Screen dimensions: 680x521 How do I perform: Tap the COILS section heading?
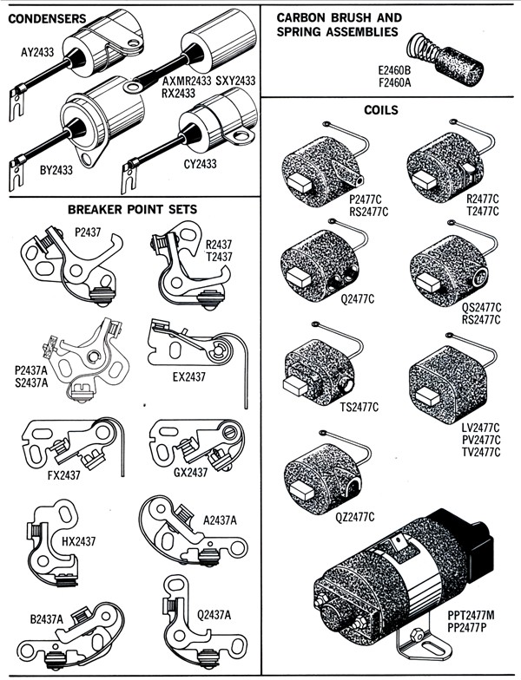pyautogui.click(x=383, y=110)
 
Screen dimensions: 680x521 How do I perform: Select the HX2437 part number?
pyautogui.click(x=78, y=542)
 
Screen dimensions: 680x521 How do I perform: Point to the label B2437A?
pyautogui.click(x=49, y=620)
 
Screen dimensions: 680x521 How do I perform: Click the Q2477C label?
pyautogui.click(x=328, y=299)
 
